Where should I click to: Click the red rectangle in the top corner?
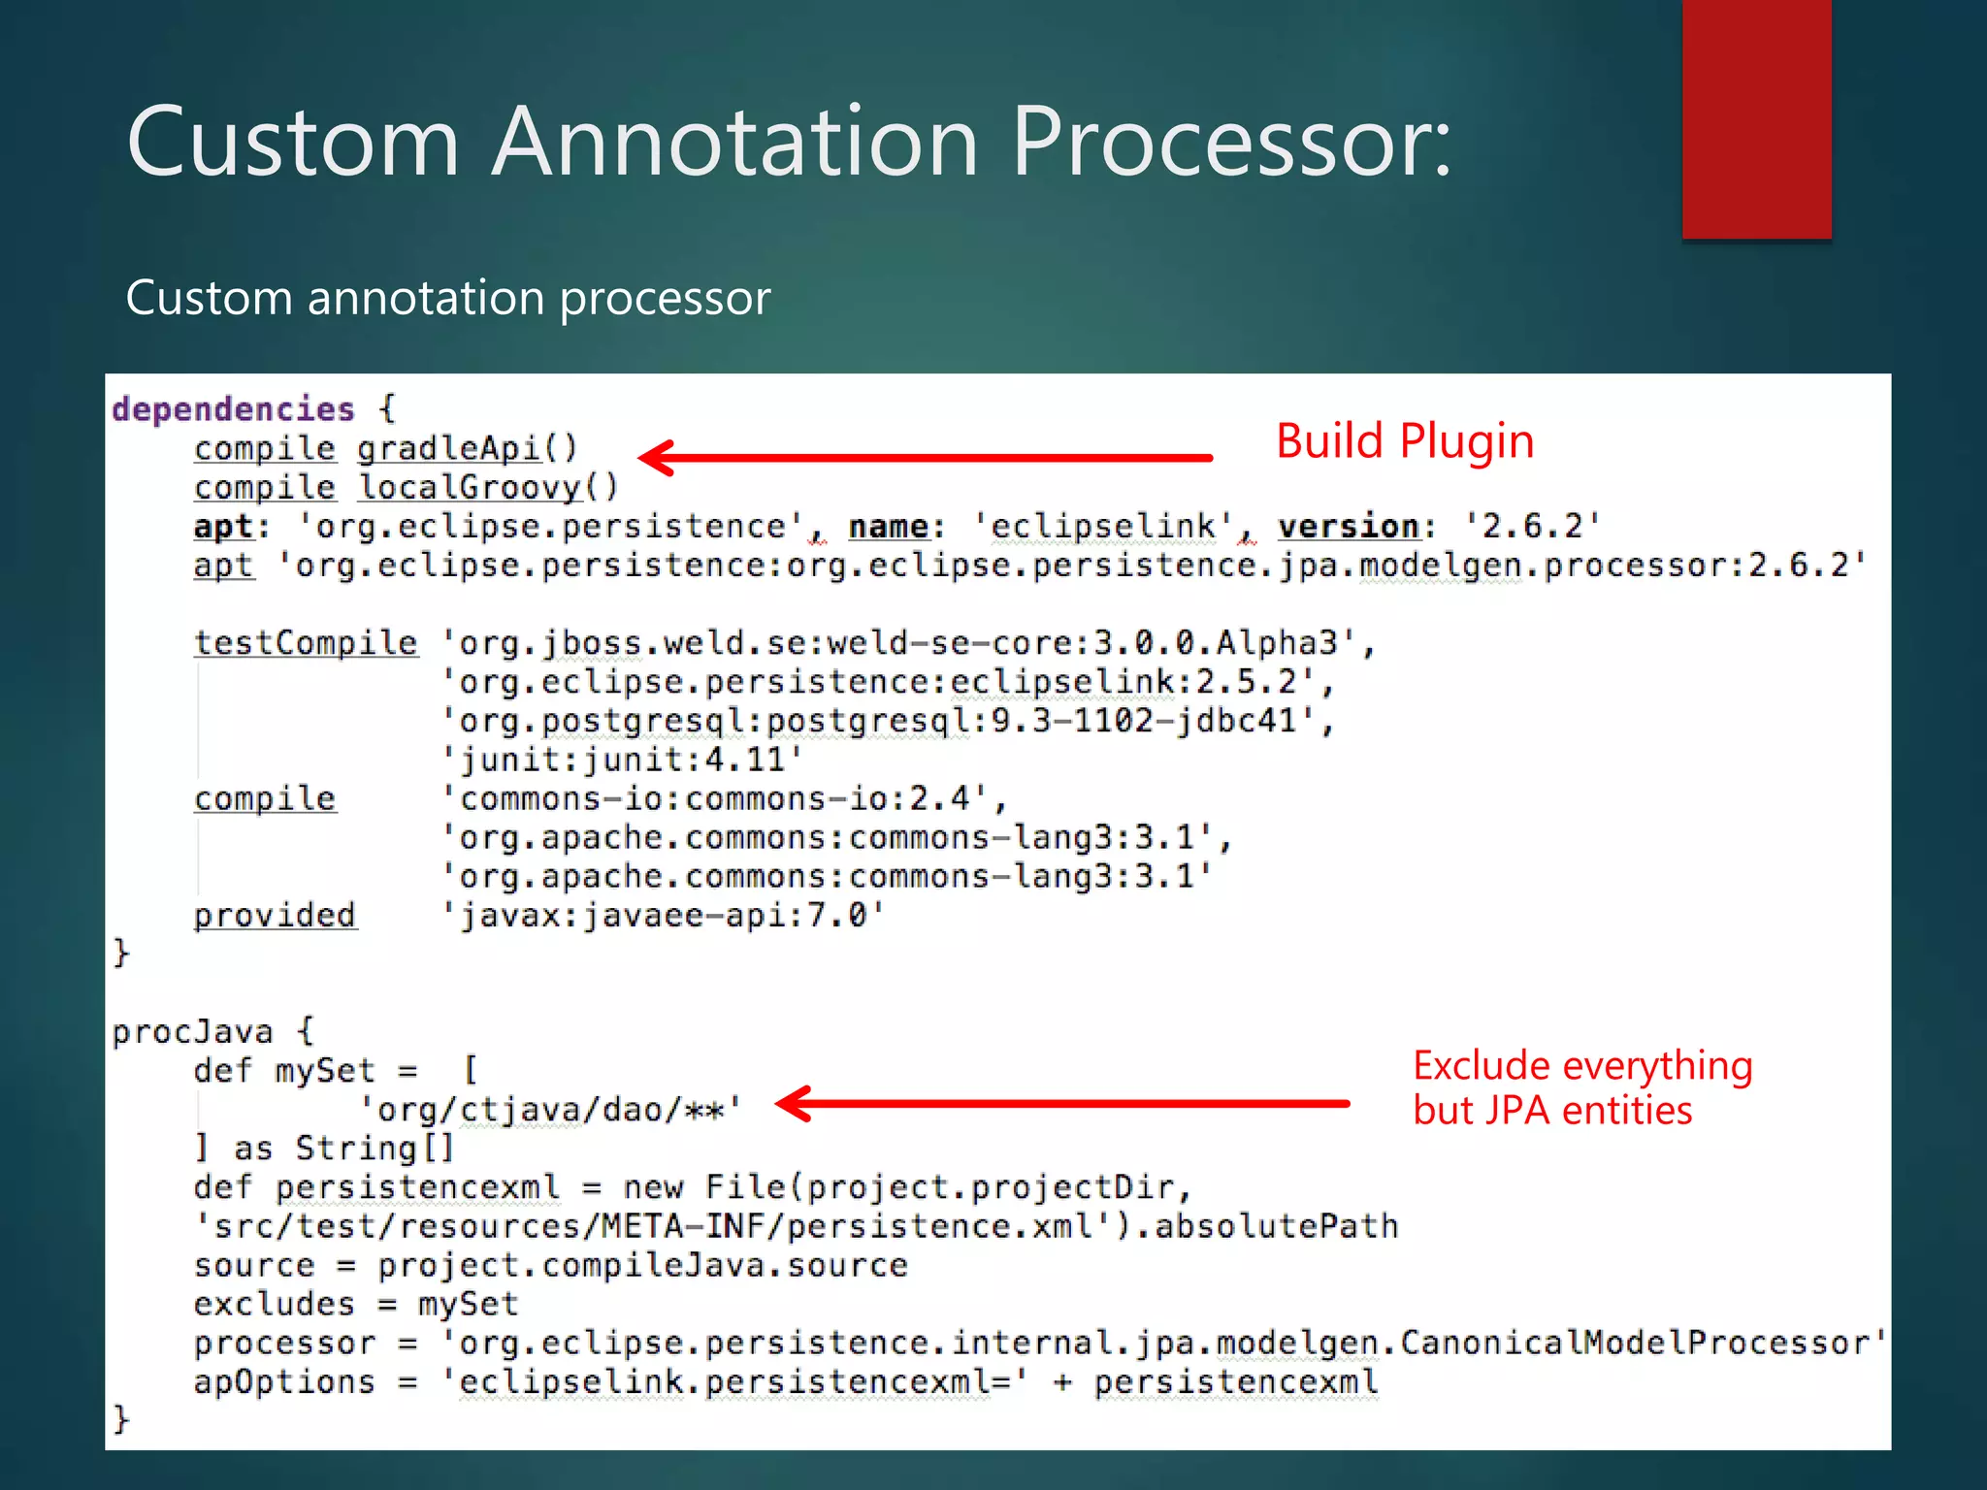pos(1756,118)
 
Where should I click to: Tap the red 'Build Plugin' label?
pos(1404,441)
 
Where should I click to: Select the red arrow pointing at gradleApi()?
pos(927,458)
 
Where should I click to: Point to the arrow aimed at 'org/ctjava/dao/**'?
pos(1063,1103)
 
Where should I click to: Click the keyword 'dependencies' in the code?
pos(234,409)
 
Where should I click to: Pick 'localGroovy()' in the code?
pos(488,487)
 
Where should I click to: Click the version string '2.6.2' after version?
pos(1532,527)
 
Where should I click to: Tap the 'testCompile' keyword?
pos(306,643)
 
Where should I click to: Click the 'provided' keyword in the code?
pos(275,916)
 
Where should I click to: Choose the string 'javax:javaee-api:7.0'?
pos(664,916)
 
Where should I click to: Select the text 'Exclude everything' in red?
pos(1582,1066)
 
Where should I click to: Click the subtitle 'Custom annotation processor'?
pos(448,298)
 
